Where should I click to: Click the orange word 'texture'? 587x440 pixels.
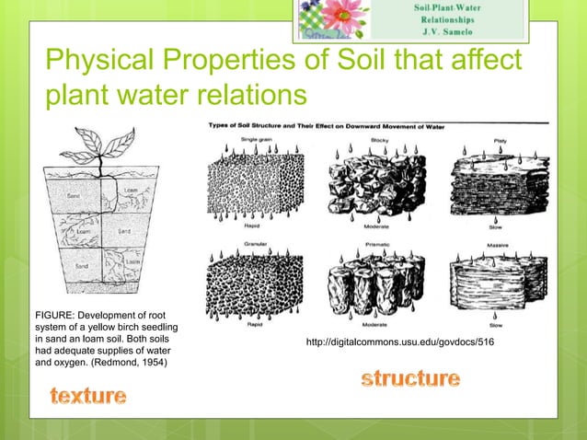pos(88,396)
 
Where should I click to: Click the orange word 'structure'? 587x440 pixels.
pos(410,377)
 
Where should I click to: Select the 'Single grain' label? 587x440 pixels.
pos(255,139)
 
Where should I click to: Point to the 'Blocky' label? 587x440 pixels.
pos(379,139)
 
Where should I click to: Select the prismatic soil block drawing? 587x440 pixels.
pos(374,281)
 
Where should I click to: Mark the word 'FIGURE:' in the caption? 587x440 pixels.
pos(53,315)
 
